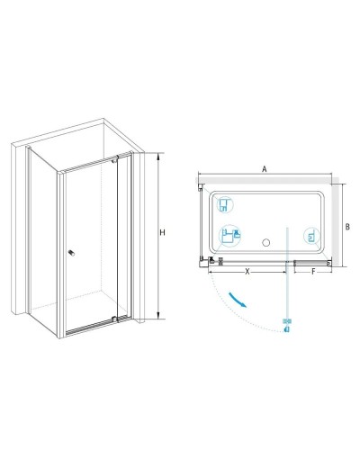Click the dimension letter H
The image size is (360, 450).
[x=162, y=232]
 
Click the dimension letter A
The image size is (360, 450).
[x=265, y=169]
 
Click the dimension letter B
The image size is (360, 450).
[x=347, y=227]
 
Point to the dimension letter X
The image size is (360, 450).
[x=247, y=272]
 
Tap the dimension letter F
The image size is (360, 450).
[x=313, y=272]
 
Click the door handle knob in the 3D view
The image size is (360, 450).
[x=71, y=253]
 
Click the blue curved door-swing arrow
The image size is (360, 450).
[x=238, y=300]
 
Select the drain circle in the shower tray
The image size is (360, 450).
[x=265, y=242]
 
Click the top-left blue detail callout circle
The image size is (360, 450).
[x=225, y=205]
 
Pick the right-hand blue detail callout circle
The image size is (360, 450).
[x=312, y=236]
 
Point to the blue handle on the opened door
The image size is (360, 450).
[x=287, y=326]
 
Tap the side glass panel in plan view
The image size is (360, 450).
[x=201, y=222]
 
